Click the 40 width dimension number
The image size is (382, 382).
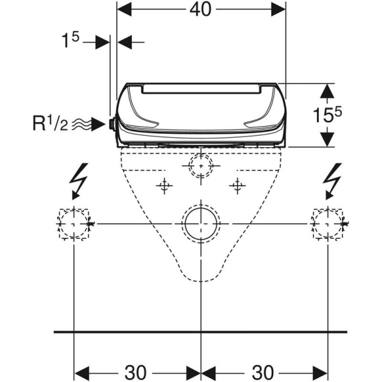202,10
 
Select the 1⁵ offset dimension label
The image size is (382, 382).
70,41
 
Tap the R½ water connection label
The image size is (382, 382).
50,123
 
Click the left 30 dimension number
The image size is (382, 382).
137,371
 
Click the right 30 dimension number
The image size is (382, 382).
264,371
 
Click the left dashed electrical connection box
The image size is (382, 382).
75,223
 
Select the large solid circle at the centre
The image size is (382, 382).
201,223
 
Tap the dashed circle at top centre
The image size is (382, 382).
201,167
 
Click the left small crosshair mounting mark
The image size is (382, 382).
165,185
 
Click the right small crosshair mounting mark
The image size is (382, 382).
237,185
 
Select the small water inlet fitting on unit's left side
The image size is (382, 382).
112,124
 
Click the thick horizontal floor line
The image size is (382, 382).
201,332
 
